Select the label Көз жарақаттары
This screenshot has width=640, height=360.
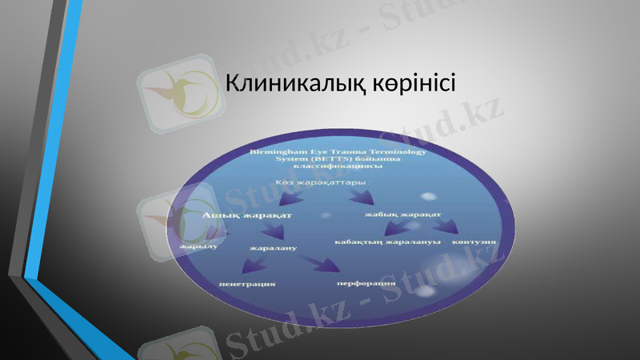pos(316,183)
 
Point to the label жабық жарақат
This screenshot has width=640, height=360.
pos(403,214)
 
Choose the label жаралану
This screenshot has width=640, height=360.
pos(273,248)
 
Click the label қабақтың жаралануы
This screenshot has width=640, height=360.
pos(387,242)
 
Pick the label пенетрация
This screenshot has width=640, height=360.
pos(247,284)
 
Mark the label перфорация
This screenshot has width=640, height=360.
pos(366,283)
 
